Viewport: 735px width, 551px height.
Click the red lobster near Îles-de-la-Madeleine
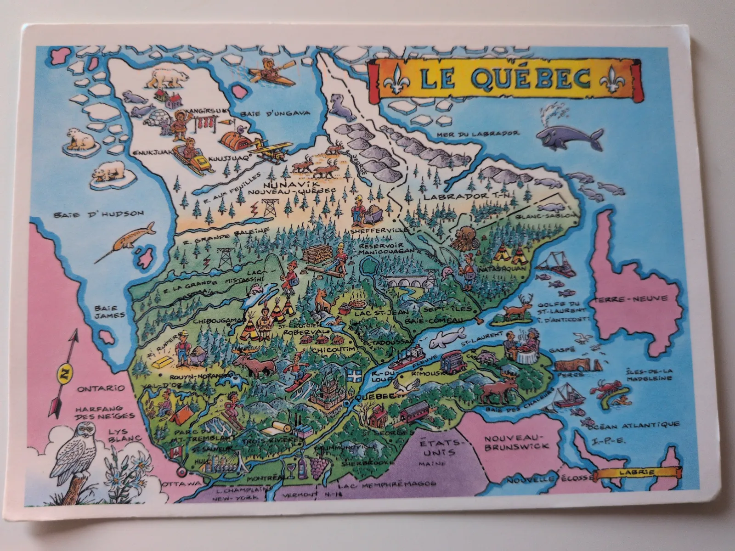pyautogui.click(x=606, y=388)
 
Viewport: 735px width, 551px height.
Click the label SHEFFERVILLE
pyautogui.click(x=373, y=231)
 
